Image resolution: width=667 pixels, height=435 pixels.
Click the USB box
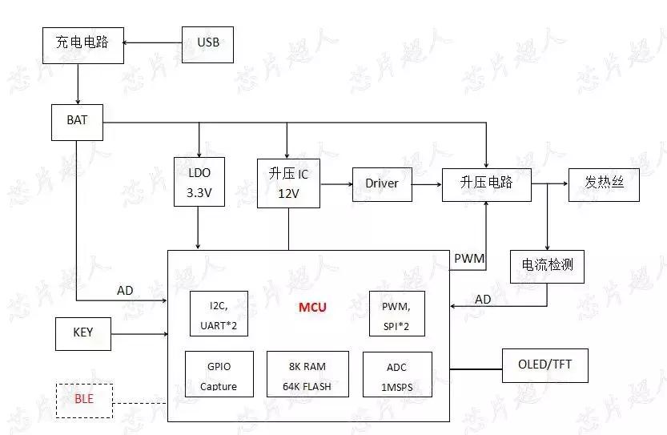click(x=207, y=44)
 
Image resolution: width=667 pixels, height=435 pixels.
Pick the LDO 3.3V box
click(x=199, y=183)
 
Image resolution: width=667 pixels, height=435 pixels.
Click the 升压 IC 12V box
click(x=288, y=183)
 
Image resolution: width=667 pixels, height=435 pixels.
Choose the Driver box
click(x=382, y=183)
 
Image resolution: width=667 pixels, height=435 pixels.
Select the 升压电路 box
click(x=486, y=183)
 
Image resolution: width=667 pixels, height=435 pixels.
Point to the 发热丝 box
click(x=604, y=184)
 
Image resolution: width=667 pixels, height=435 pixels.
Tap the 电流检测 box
click(x=547, y=266)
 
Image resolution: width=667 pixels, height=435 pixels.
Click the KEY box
click(x=82, y=333)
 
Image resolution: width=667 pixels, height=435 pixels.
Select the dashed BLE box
click(x=84, y=400)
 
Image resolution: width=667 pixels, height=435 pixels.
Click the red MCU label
click(x=312, y=308)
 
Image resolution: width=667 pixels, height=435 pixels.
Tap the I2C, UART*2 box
click(x=218, y=314)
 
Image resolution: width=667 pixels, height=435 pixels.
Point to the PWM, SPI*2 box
click(x=396, y=314)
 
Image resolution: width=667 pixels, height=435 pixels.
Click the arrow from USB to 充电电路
click(x=152, y=43)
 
